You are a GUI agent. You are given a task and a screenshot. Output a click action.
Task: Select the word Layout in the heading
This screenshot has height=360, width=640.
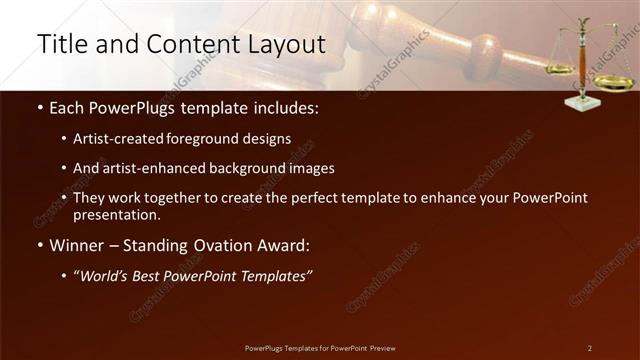[x=289, y=45]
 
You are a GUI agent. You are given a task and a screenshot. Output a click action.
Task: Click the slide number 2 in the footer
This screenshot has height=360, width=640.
[x=590, y=348]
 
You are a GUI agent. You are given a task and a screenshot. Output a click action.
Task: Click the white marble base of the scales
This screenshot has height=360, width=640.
[x=582, y=102]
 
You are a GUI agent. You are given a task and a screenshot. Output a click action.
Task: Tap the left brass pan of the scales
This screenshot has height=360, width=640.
[x=560, y=69]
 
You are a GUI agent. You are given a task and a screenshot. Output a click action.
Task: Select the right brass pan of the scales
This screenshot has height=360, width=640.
[x=613, y=83]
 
